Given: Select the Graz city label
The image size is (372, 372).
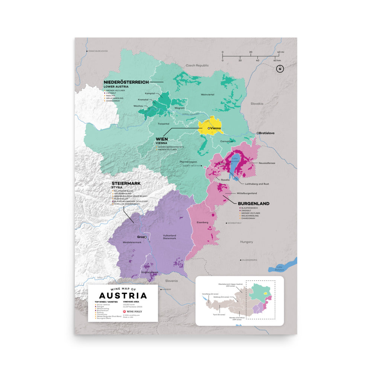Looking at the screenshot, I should (141, 237).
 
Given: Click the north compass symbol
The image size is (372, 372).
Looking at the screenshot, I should (280, 69).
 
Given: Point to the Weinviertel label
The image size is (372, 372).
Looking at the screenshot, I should (208, 95).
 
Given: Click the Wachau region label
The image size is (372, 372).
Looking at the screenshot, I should (138, 106).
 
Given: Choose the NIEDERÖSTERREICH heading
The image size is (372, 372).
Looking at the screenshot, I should (126, 82).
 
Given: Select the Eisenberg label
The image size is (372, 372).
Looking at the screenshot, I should (202, 222).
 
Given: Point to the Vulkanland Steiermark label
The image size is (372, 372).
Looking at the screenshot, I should (169, 237).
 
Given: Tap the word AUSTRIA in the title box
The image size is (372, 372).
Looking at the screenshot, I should (118, 296).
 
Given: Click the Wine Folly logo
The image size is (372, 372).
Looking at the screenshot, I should (132, 310).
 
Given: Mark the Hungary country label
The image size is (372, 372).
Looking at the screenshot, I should (246, 242).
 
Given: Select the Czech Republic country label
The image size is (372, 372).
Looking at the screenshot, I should (198, 65).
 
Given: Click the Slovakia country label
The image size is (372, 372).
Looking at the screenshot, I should (257, 103).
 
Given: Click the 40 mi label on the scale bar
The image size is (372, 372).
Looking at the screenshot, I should (280, 52).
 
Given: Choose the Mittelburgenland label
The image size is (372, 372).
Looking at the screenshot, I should (247, 194).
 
